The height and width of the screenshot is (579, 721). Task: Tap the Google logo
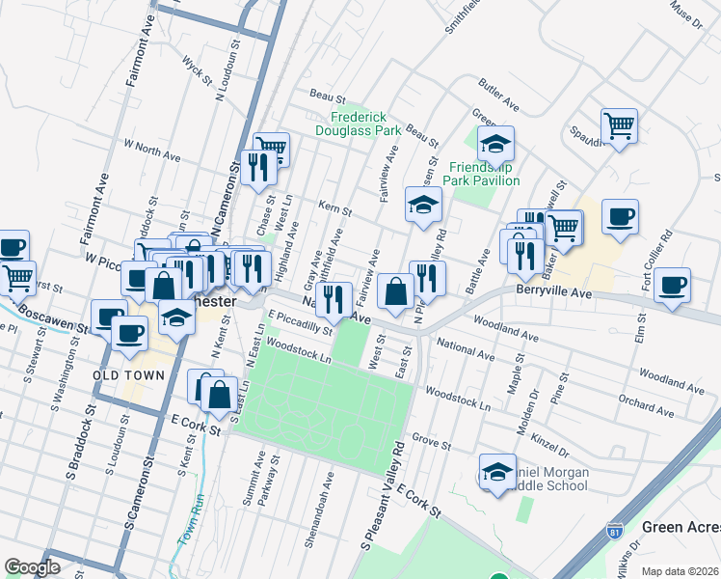click(32, 567)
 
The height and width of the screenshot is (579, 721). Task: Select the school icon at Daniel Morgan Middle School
click(497, 472)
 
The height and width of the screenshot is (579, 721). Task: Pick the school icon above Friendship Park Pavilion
click(495, 145)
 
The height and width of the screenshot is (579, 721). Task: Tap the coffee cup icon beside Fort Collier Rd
click(672, 286)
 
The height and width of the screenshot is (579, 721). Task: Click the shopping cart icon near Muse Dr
click(619, 124)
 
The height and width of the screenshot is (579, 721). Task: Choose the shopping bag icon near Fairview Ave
click(395, 290)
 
